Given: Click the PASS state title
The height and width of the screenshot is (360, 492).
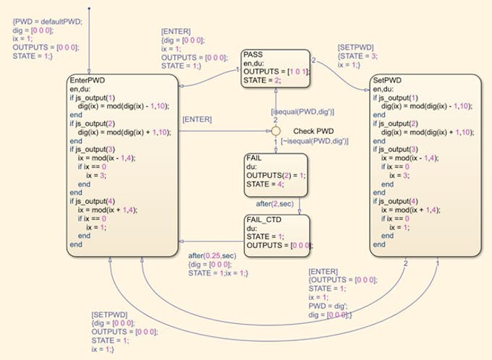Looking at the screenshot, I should [x=253, y=54].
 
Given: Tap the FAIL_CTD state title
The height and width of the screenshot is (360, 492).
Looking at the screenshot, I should [x=262, y=218].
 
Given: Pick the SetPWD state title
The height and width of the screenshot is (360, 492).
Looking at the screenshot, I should [x=389, y=80].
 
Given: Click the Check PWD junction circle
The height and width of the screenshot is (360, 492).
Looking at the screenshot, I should [x=275, y=132].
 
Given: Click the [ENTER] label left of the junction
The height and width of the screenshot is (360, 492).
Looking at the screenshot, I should [x=197, y=119].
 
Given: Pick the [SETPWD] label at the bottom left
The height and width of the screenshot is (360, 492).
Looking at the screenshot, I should [x=109, y=314].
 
